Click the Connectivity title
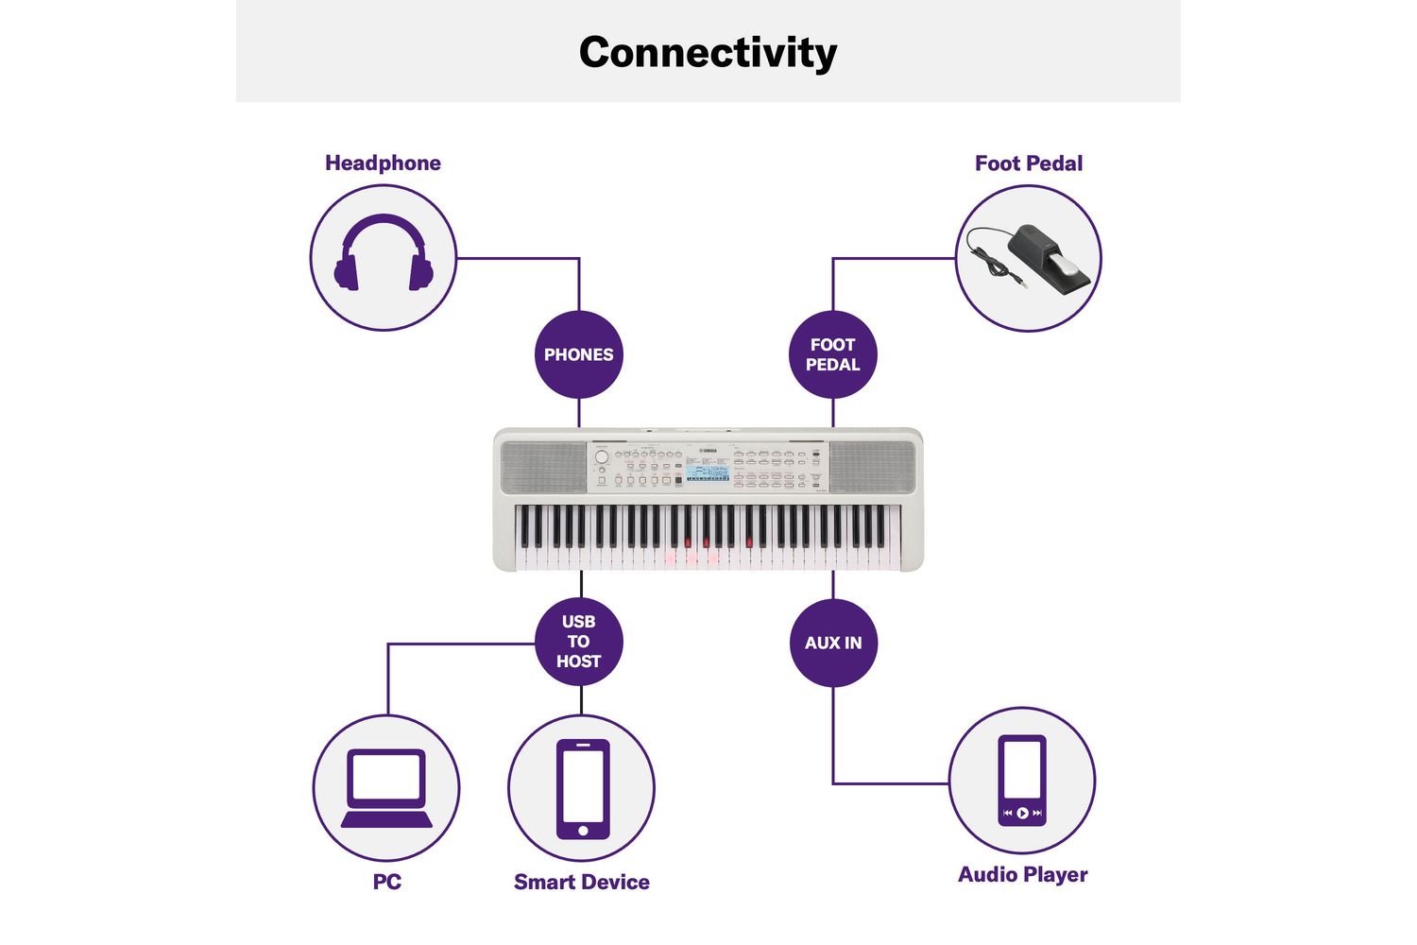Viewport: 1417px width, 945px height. click(x=708, y=53)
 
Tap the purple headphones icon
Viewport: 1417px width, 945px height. click(x=384, y=253)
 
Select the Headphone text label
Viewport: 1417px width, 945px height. click(x=383, y=163)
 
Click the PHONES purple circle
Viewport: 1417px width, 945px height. click(x=578, y=354)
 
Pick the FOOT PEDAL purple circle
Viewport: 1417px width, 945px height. click(x=832, y=354)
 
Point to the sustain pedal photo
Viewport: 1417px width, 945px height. click(x=1034, y=257)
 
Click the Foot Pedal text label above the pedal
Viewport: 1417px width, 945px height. click(x=1028, y=163)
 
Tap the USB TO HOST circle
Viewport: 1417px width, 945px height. click(x=578, y=642)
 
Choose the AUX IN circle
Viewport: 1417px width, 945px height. click(x=832, y=643)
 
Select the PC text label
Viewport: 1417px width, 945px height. click(x=386, y=882)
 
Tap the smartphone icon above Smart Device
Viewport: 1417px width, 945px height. click(x=582, y=788)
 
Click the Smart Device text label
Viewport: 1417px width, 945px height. click(x=581, y=882)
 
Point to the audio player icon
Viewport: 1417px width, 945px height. click(x=1022, y=780)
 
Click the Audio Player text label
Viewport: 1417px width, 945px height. click(x=1022, y=874)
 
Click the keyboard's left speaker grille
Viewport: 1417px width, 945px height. click(x=542, y=467)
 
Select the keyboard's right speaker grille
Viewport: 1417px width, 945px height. click(x=872, y=467)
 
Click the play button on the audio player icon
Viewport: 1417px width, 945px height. click(x=1022, y=813)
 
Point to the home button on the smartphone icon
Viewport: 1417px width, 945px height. click(x=582, y=830)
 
